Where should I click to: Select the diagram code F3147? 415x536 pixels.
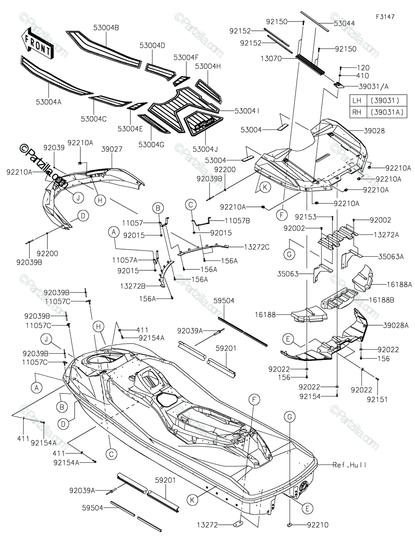[x=385, y=17]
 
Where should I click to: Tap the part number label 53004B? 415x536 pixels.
[x=106, y=28]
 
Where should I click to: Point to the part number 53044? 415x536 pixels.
[x=344, y=23]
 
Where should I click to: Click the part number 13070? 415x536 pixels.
[x=271, y=59]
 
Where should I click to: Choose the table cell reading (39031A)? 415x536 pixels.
[x=387, y=112]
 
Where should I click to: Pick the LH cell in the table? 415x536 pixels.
[x=357, y=100]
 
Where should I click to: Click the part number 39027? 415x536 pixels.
[x=112, y=149]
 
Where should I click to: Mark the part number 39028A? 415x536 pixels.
[x=396, y=326]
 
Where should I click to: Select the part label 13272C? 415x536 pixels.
[x=256, y=247]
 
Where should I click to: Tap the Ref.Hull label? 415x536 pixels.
[x=349, y=465]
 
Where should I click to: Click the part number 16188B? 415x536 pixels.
[x=381, y=300]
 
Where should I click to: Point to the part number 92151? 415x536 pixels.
[x=377, y=399]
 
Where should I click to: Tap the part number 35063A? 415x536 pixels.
[x=391, y=257]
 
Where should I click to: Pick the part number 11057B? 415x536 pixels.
[x=237, y=221]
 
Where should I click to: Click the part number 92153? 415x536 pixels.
[x=306, y=217]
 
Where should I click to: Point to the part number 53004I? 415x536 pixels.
[x=247, y=111]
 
